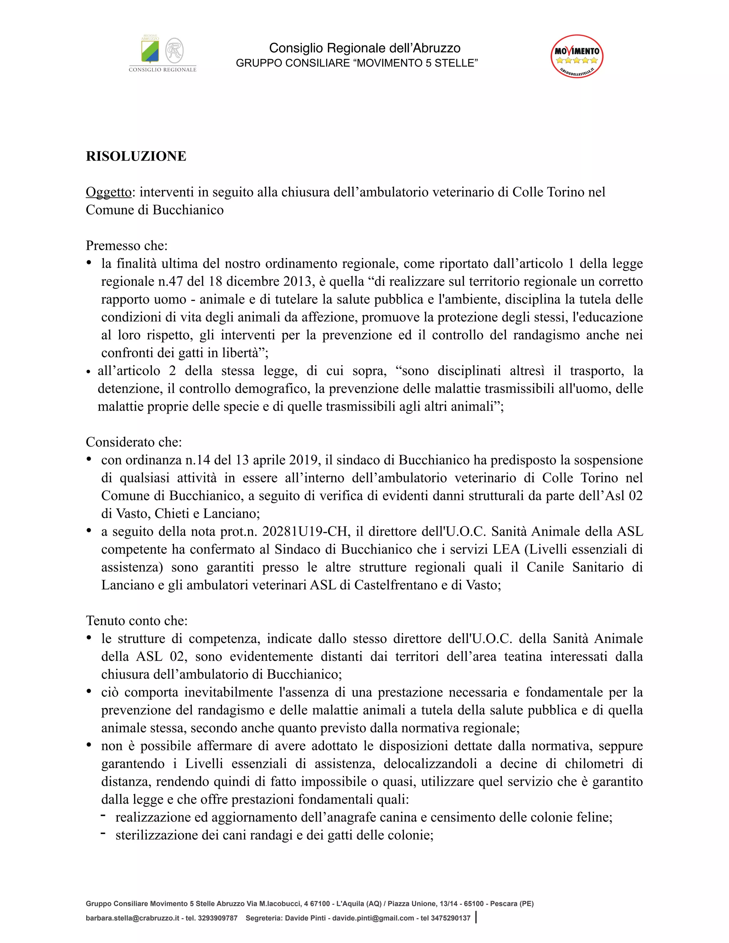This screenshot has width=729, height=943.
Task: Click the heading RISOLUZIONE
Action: (136, 156)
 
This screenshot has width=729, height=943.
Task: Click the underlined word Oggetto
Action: (109, 192)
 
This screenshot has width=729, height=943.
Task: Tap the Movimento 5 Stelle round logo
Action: (577, 57)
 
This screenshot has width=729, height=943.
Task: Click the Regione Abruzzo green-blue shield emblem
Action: (150, 51)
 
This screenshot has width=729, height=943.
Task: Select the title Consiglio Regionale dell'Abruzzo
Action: (364, 48)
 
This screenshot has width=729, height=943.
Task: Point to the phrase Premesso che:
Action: (126, 245)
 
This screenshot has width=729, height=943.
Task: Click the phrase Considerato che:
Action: (134, 442)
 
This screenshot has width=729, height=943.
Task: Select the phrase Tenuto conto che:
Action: (136, 621)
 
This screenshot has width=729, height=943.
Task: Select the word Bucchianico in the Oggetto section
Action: (188, 210)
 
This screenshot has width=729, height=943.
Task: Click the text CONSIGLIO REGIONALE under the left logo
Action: (162, 69)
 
